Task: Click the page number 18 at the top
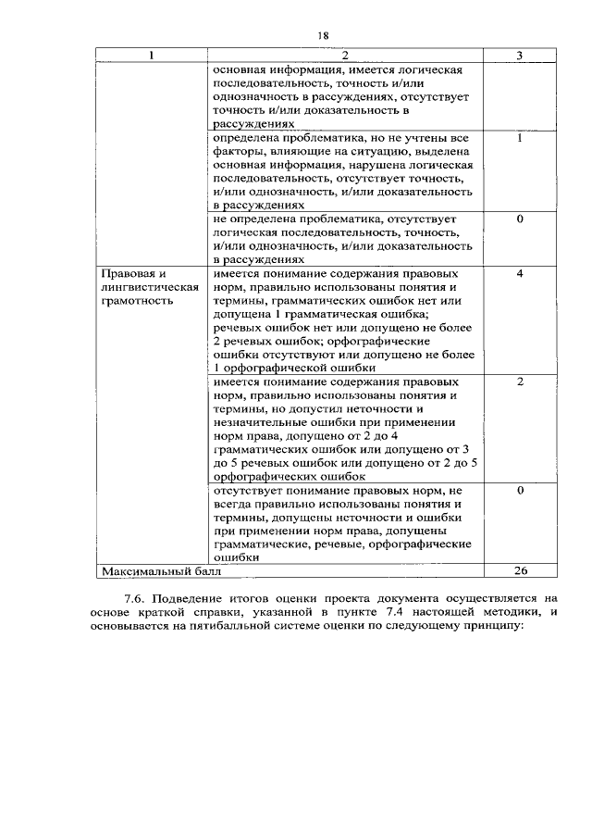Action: click(x=323, y=35)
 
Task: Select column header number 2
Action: click(x=340, y=56)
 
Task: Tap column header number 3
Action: click(x=520, y=56)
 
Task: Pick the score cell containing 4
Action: click(x=520, y=274)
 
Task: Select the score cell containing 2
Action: click(x=520, y=381)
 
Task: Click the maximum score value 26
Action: click(x=520, y=571)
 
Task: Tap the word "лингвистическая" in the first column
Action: click(x=150, y=287)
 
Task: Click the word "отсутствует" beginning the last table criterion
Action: click(x=247, y=490)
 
